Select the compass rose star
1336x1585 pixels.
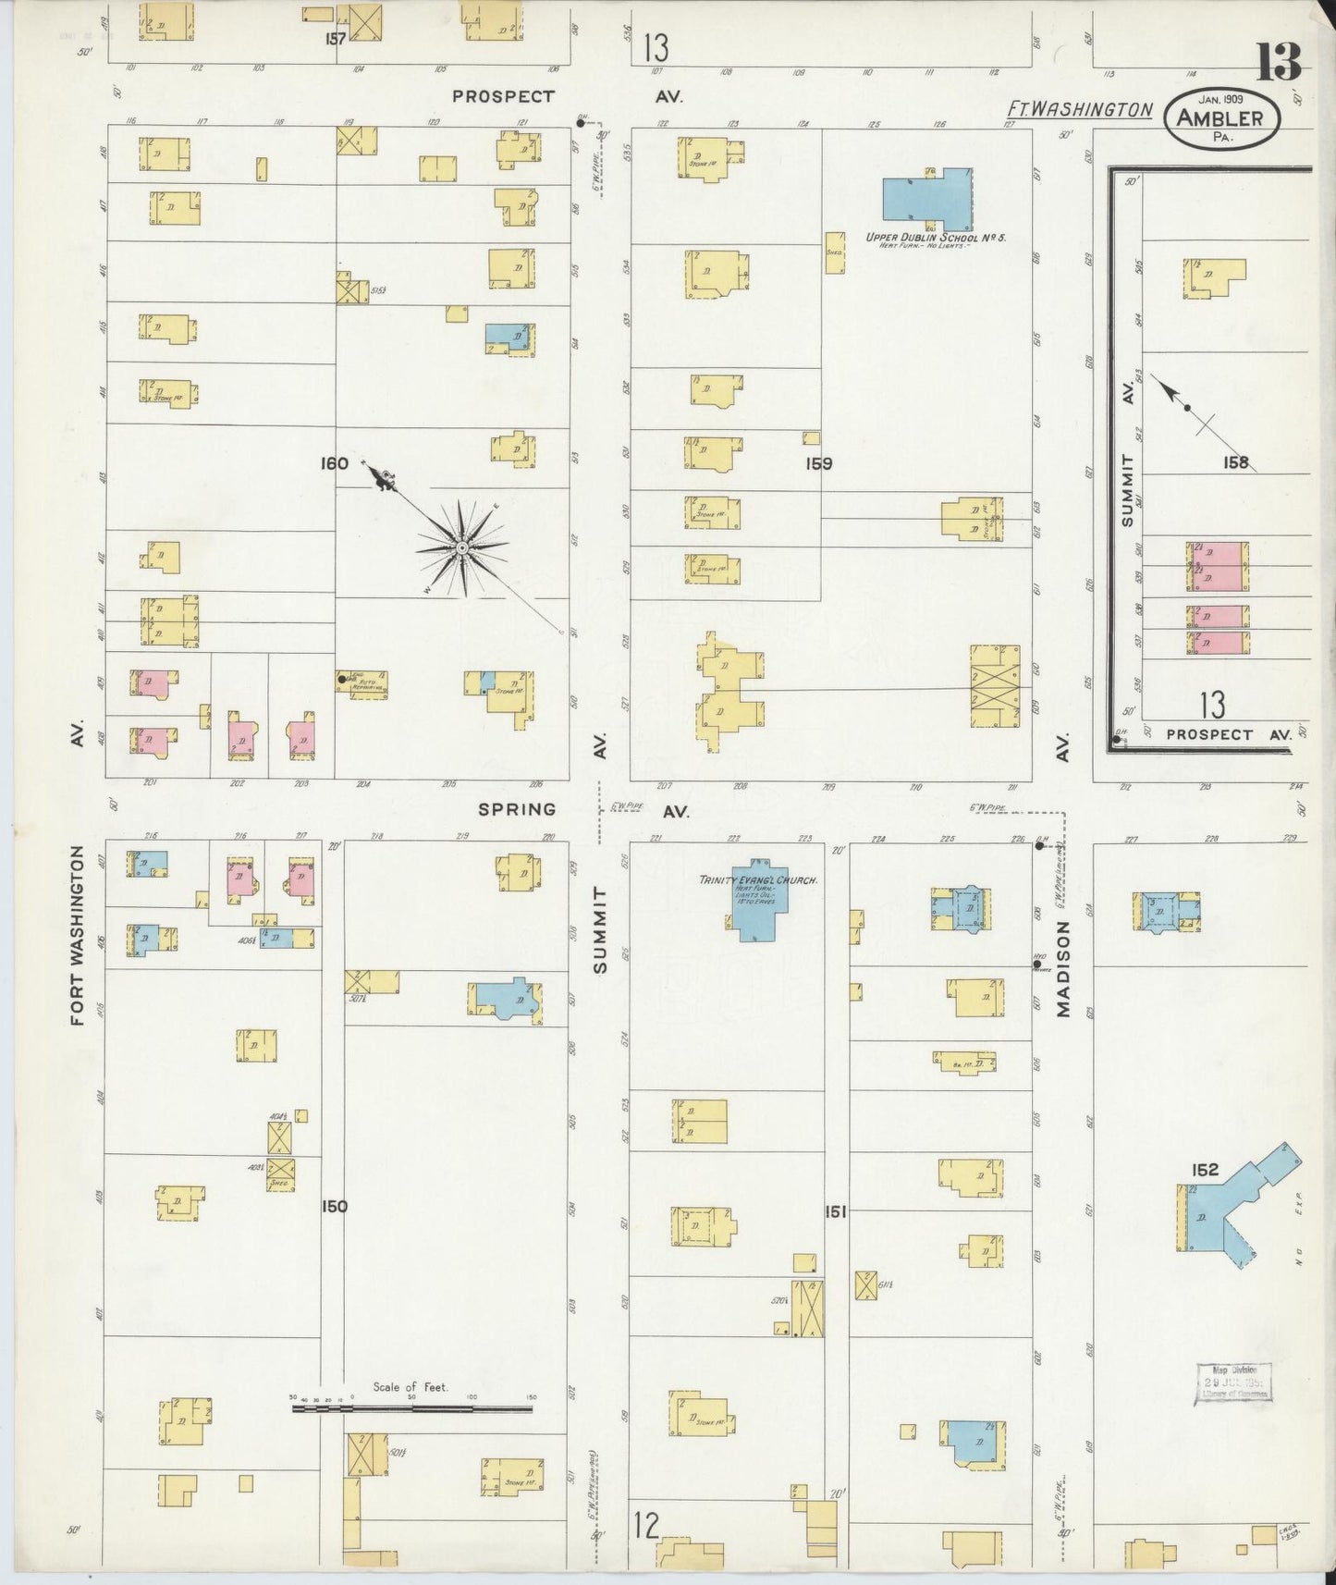pos(460,548)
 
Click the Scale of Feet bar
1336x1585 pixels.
pos(411,1408)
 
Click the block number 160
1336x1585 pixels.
pos(334,463)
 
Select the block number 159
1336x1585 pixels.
pos(818,463)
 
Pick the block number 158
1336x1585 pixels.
pos(1235,462)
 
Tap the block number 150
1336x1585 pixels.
pos(334,1206)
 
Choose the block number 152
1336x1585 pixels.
pos(1205,1170)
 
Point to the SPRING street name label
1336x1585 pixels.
pos(517,809)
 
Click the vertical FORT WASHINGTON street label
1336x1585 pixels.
pos(78,935)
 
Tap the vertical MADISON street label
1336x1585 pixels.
pos(1063,969)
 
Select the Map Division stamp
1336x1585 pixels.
pos(1233,1382)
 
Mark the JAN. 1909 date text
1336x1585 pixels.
pos(1220,98)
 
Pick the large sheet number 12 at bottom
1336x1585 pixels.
pos(647,1525)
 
